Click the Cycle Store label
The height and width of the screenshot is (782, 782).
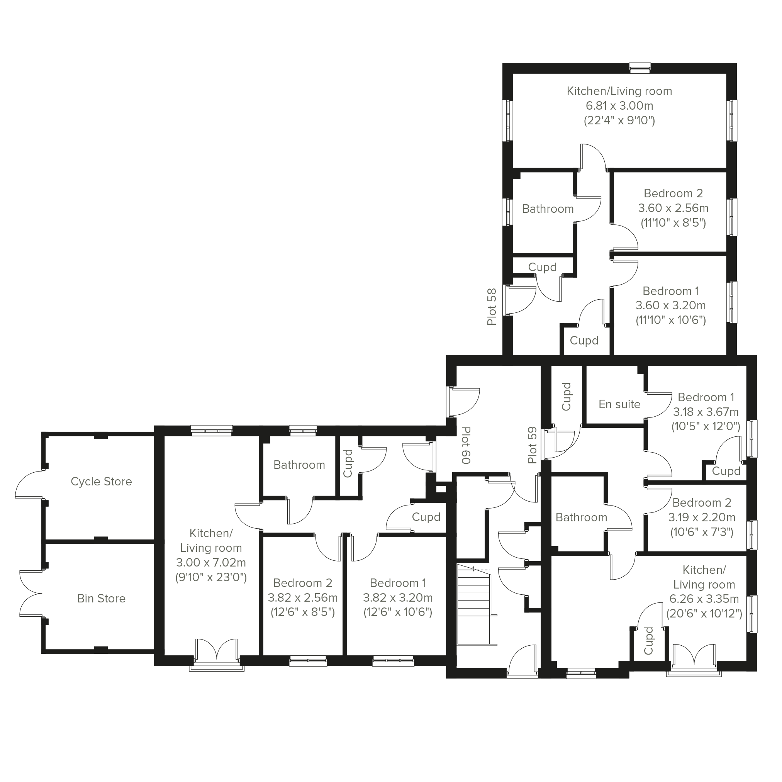click(x=101, y=481)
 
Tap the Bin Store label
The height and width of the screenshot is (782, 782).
click(x=101, y=598)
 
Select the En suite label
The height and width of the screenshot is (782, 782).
click(x=619, y=404)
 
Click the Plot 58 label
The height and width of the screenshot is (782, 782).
click(x=491, y=307)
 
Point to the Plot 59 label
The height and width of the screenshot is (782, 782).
click(x=532, y=445)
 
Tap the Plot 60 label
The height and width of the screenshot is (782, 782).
click(x=466, y=445)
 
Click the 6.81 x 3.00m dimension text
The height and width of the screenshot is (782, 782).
click(x=619, y=106)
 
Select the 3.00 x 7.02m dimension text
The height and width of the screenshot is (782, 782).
click(x=211, y=563)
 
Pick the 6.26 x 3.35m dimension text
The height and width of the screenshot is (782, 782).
click(x=704, y=599)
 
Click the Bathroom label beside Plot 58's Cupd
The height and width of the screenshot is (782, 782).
click(x=548, y=209)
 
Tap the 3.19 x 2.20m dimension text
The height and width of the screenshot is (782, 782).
click(x=702, y=517)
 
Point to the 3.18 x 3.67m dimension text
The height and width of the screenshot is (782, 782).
click(x=706, y=412)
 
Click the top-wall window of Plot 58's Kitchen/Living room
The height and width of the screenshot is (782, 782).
click(x=640, y=68)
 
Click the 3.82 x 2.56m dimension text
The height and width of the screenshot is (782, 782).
click(x=303, y=598)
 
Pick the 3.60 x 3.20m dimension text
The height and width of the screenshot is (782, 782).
click(x=671, y=305)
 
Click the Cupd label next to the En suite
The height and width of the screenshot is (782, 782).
click(x=566, y=397)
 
